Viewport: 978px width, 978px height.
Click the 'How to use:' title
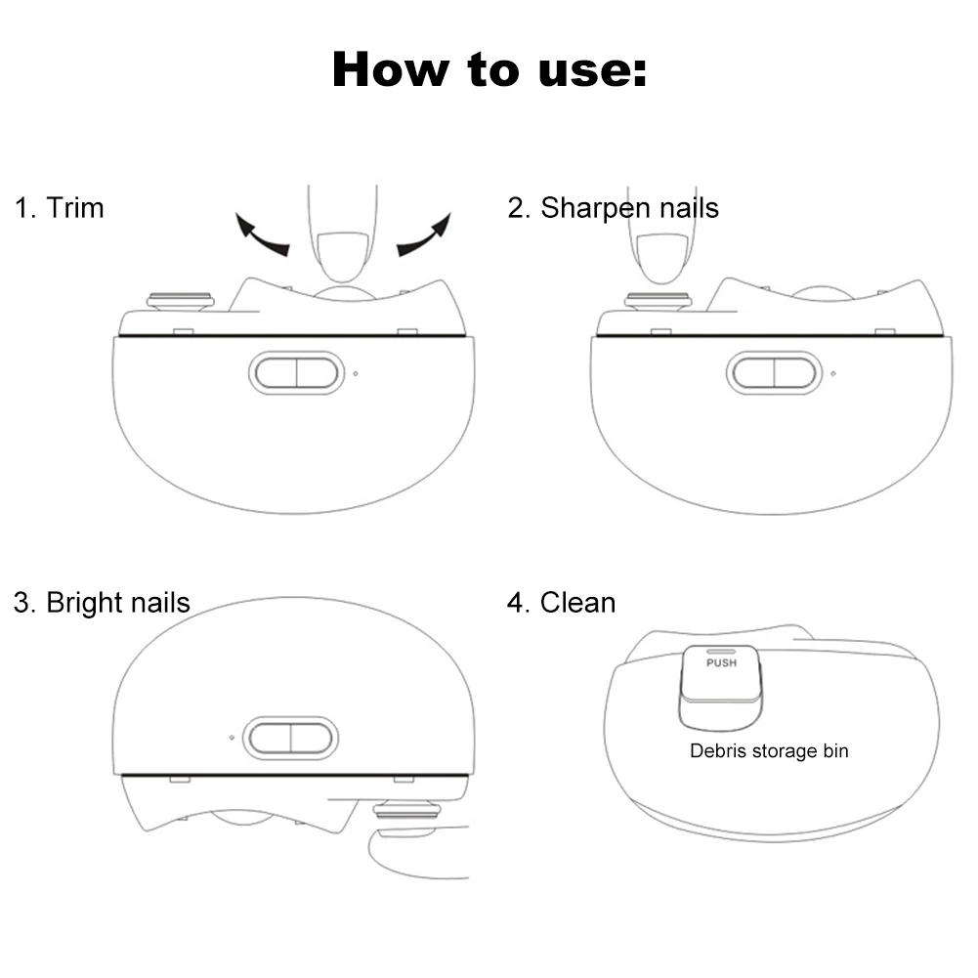point(489,69)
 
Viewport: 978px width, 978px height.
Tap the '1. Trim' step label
point(59,208)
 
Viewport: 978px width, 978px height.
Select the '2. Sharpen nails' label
point(613,208)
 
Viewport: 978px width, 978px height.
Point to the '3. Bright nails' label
point(102,603)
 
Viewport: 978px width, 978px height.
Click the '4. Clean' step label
point(561,603)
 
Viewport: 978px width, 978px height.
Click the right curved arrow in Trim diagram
point(425,234)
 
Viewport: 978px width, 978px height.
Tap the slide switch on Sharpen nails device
point(774,372)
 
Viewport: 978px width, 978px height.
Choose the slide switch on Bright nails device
point(290,738)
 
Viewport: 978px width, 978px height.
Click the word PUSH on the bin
point(721,662)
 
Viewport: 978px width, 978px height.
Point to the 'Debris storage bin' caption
point(769,751)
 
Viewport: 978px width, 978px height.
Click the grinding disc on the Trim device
point(180,299)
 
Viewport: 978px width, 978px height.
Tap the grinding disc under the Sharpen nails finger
point(659,300)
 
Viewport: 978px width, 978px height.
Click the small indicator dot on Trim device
point(356,373)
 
